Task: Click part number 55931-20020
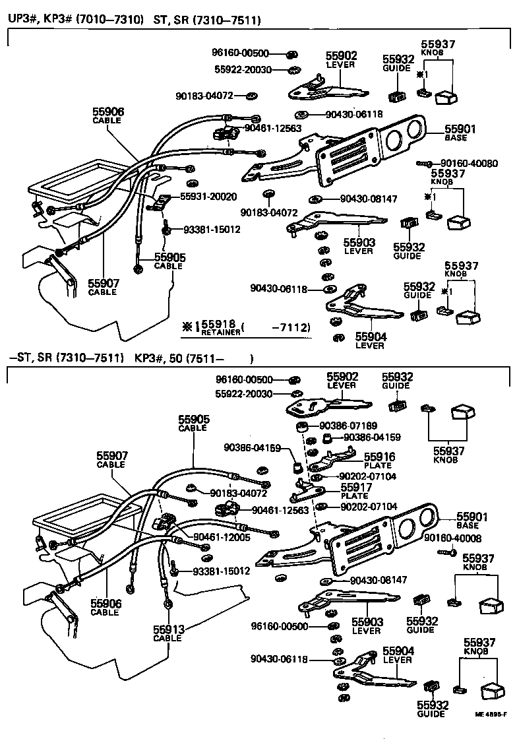[x=208, y=197]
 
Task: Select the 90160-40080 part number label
[x=469, y=163]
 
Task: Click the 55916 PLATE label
[x=378, y=460]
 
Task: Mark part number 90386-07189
[x=349, y=426]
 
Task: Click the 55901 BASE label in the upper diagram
[x=460, y=133]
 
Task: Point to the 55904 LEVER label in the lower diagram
[x=398, y=655]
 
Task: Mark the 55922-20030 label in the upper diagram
[x=243, y=69]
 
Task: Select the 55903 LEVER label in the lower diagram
[x=367, y=626]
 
